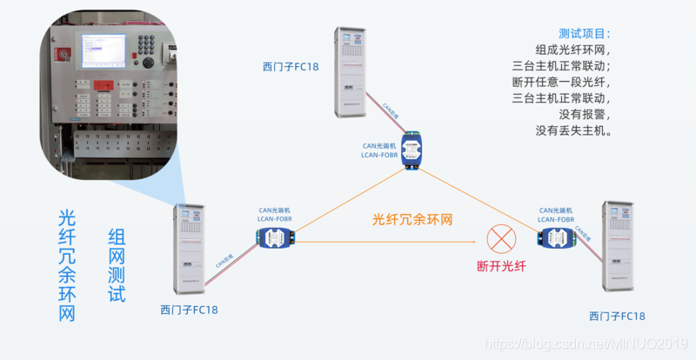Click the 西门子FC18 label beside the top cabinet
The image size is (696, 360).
[291, 65]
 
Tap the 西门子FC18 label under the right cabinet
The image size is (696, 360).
[617, 316]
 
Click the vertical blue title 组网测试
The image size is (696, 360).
[117, 265]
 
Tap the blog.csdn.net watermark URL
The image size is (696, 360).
[588, 346]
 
